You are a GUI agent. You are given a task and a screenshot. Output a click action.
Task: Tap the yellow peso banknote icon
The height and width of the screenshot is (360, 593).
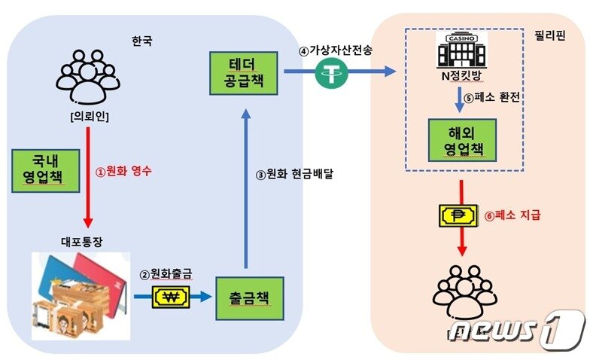[x=458, y=215]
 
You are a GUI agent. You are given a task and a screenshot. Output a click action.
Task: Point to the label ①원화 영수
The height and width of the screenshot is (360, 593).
[x=123, y=171]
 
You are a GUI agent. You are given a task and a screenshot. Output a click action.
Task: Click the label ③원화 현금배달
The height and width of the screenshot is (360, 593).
[x=294, y=175]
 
